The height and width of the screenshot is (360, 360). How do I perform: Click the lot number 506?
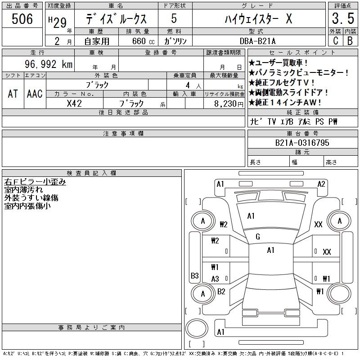pos(22,19)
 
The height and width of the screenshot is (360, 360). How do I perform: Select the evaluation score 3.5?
pos(342,19)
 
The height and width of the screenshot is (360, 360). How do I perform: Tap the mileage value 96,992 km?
pos(49,64)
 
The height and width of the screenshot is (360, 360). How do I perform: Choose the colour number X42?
pos(74,103)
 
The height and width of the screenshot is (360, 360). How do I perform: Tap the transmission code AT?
pos(13,94)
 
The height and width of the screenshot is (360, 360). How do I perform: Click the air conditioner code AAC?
pos(35,94)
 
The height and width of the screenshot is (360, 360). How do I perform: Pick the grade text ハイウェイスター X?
pos(258,19)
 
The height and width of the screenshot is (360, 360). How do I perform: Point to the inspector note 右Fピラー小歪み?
pos(35,182)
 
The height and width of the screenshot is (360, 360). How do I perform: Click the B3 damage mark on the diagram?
pos(195,275)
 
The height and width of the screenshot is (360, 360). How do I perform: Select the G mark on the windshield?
pos(257,237)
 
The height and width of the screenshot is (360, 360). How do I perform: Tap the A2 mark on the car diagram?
pos(321,184)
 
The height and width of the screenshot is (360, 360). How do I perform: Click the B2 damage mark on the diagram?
pos(221,292)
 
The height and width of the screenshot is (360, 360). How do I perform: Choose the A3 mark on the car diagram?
pos(215,279)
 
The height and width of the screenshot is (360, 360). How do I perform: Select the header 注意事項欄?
pos(123,134)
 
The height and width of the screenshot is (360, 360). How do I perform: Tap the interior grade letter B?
pos(350,41)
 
